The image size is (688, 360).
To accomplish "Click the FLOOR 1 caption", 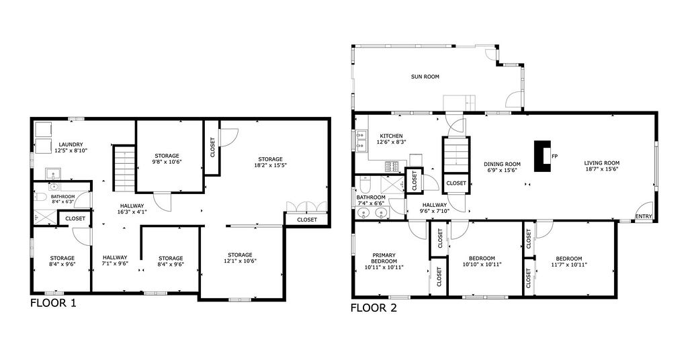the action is coord(53,303).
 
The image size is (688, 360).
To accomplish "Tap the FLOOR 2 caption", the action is coord(374,308).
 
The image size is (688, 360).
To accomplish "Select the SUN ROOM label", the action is coord(425,77).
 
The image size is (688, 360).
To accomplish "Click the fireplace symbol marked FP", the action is coord(542,156).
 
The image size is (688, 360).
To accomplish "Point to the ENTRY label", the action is coord(644,216).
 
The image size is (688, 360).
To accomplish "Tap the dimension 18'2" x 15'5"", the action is coord(270,165).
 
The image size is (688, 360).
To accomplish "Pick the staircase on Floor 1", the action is coord(124,169).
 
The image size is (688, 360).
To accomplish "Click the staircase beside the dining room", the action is coord(456,154).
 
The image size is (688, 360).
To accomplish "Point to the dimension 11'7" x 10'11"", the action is coord(568,265).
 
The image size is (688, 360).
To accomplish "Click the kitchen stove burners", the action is coord(392,166).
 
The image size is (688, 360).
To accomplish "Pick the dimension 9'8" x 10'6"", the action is coord(167,162).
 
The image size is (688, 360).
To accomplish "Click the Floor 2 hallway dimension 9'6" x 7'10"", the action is coord(435,211).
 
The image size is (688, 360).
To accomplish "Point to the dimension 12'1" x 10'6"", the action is coord(240,261).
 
